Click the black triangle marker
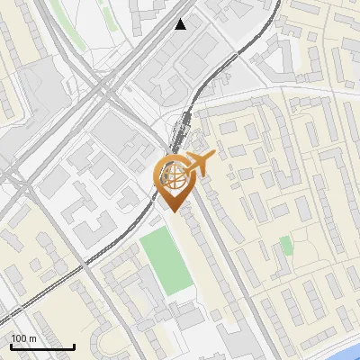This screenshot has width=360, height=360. pyautogui.click(x=181, y=24)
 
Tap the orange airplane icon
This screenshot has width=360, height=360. pyautogui.click(x=200, y=164)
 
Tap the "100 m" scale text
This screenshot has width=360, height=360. pyautogui.click(x=23, y=337)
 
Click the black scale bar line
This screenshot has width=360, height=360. pyautogui.click(x=42, y=346)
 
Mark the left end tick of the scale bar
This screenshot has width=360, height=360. pyautogui.click(x=11, y=345)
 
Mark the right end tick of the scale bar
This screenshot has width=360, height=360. pyautogui.click(x=74, y=345)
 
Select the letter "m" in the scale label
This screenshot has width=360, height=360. pyautogui.click(x=31, y=337)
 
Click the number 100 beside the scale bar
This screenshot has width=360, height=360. pyautogui.click(x=19, y=337)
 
